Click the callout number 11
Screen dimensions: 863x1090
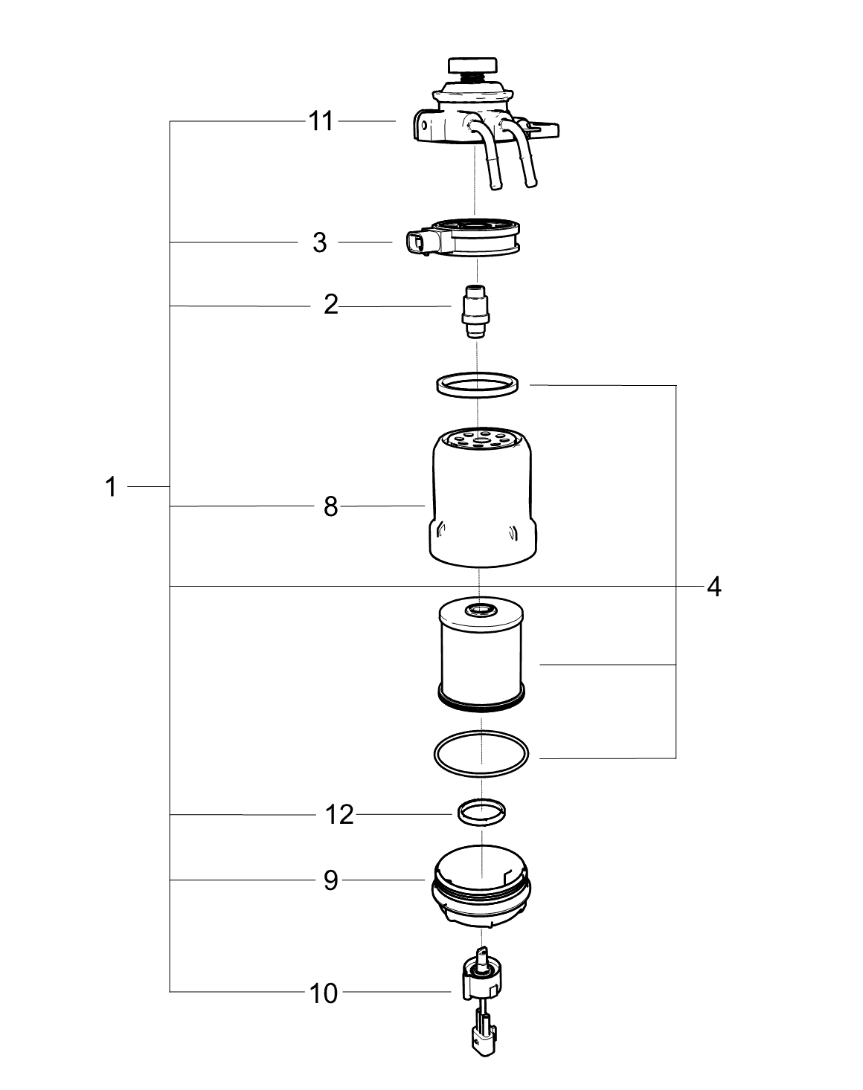tap(321, 121)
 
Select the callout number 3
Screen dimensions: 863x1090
tap(319, 242)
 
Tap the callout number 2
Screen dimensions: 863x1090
tap(330, 306)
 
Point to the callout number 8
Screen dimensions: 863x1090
tap(330, 506)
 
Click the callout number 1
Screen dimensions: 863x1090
tap(110, 487)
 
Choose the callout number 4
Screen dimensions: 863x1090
tap(714, 587)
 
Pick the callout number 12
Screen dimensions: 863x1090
tap(339, 815)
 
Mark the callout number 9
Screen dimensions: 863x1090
tap(330, 881)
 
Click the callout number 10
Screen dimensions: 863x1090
tap(324, 994)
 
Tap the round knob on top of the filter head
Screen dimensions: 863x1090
tap(472, 66)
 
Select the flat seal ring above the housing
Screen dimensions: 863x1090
tap(478, 385)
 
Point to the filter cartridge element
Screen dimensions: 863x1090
tap(481, 656)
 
